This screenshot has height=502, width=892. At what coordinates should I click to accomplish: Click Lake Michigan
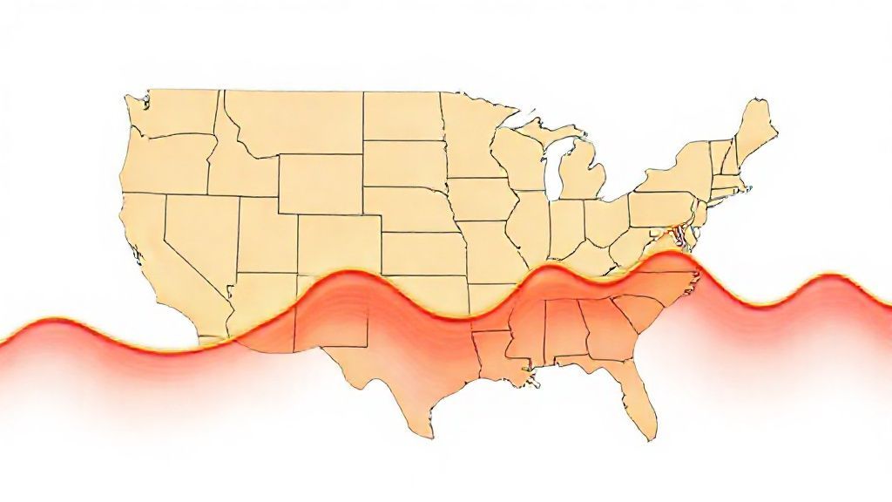551,171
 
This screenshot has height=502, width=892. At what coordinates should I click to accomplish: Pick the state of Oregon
166,162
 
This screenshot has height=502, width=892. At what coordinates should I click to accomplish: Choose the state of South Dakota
402,162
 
